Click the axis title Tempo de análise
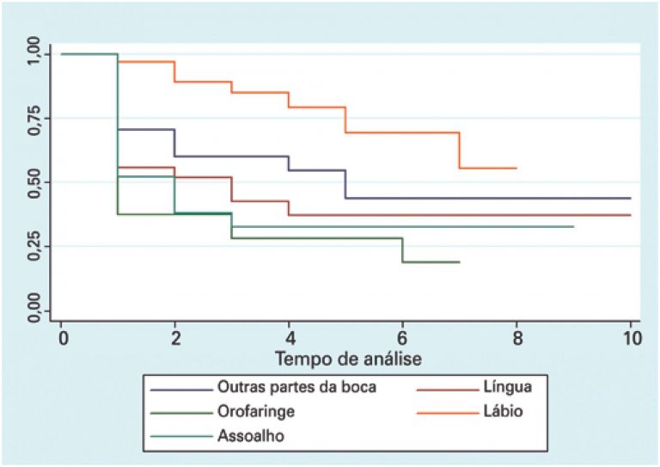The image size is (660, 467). [347, 354]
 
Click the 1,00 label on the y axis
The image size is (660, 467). [34, 54]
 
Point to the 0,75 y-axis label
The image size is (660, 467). [34, 119]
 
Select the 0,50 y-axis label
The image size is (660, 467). [34, 182]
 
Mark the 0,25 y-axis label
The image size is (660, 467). [34, 247]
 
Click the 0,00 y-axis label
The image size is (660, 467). [34, 310]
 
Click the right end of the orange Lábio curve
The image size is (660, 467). [516, 168]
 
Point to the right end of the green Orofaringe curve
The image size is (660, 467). [459, 261]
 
